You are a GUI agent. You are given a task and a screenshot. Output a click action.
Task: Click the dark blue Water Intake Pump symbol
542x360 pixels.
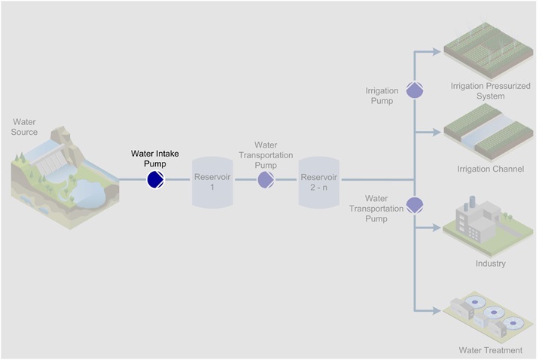[156, 179]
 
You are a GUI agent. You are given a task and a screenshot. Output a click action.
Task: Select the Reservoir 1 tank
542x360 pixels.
[212, 182]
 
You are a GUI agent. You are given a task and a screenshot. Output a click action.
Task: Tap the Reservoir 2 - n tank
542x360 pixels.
[319, 182]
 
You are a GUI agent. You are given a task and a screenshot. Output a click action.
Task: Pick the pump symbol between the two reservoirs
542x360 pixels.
[266, 179]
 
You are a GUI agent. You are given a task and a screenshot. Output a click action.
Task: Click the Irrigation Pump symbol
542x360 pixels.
[415, 90]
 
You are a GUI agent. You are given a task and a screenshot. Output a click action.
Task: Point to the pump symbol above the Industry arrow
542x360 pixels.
[415, 203]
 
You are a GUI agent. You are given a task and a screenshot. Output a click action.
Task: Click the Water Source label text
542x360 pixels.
[25, 127]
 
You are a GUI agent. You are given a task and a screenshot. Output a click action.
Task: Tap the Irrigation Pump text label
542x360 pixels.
[382, 96]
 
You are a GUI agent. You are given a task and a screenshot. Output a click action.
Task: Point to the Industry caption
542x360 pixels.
[491, 264]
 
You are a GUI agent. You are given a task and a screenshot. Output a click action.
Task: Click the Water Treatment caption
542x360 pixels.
[491, 350]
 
